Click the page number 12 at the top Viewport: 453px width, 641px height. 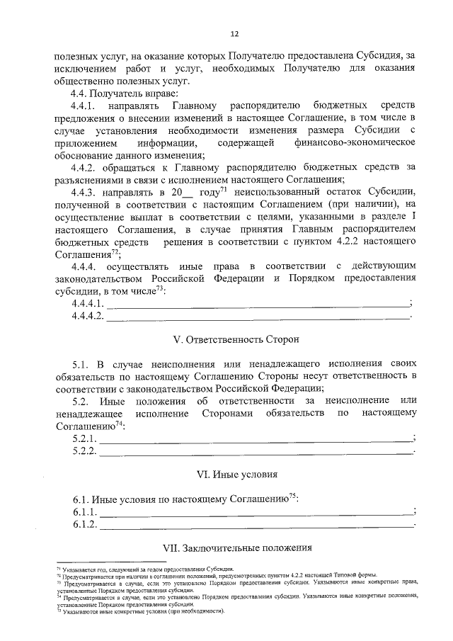tap(234, 33)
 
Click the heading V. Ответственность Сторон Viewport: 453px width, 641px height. tap(236, 338)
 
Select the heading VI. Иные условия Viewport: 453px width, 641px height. tap(236, 472)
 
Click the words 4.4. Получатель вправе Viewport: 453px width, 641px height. tap(120, 93)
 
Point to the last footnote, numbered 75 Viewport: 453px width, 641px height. tap(142, 611)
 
